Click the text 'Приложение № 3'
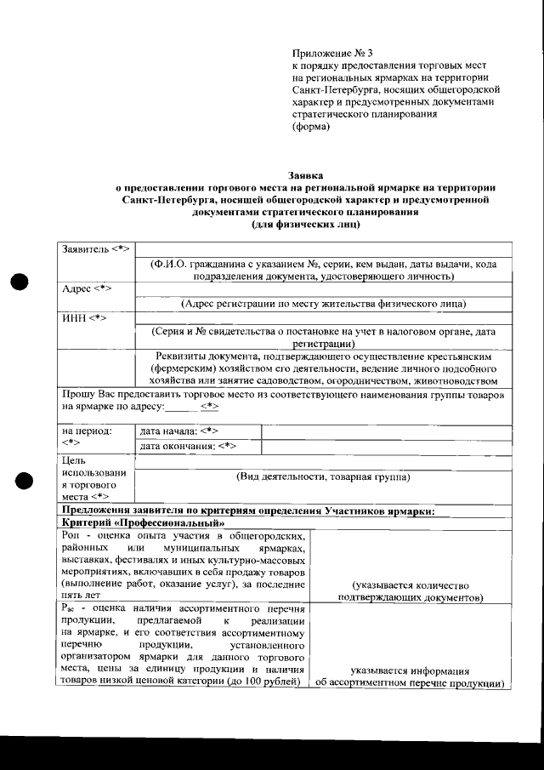pyautogui.click(x=326, y=53)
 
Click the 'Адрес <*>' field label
pyautogui.click(x=88, y=288)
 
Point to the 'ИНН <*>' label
pyautogui.click(x=85, y=317)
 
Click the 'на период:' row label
pyautogui.click(x=87, y=431)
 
